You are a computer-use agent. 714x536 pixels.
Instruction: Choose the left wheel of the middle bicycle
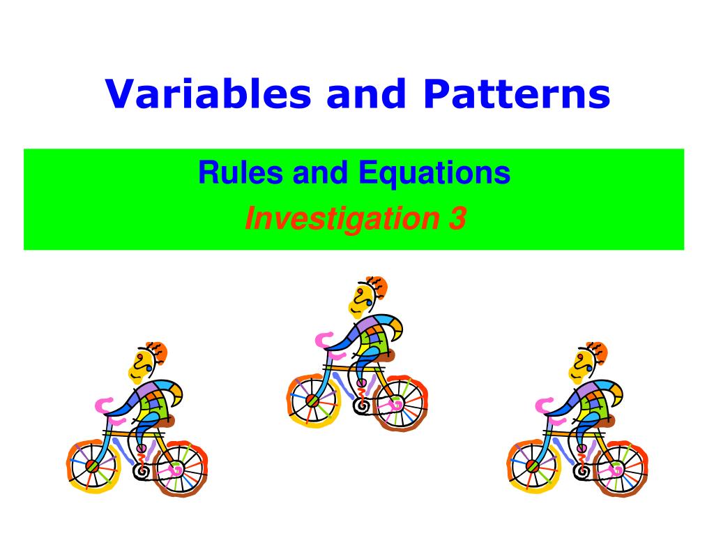(312, 401)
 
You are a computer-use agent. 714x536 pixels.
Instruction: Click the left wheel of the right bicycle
(532, 466)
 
